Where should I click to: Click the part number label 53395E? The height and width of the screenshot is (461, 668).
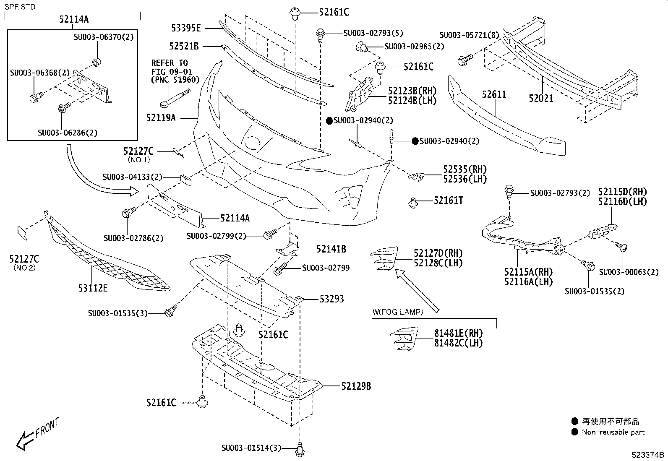pyautogui.click(x=186, y=29)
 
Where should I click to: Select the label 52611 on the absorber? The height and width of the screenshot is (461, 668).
pyautogui.click(x=494, y=94)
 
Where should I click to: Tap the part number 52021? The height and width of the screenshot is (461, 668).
pyautogui.click(x=541, y=99)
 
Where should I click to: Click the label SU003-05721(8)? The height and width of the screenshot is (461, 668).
pyautogui.click(x=469, y=35)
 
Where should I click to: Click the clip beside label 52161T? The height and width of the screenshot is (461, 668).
pyautogui.click(x=413, y=203)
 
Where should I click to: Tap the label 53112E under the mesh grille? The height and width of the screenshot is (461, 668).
pyautogui.click(x=93, y=288)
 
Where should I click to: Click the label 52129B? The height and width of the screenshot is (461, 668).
pyautogui.click(x=356, y=386)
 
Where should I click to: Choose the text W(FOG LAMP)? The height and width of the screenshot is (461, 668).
pyautogui.click(x=398, y=312)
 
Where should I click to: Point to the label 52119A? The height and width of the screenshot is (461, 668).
pyautogui.click(x=161, y=118)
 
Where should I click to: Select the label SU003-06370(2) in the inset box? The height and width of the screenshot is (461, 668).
pyautogui.click(x=103, y=37)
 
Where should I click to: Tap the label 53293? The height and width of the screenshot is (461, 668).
pyautogui.click(x=331, y=299)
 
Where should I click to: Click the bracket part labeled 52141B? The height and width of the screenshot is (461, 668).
pyautogui.click(x=288, y=250)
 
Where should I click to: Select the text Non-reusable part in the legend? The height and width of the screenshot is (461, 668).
pyautogui.click(x=613, y=432)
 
